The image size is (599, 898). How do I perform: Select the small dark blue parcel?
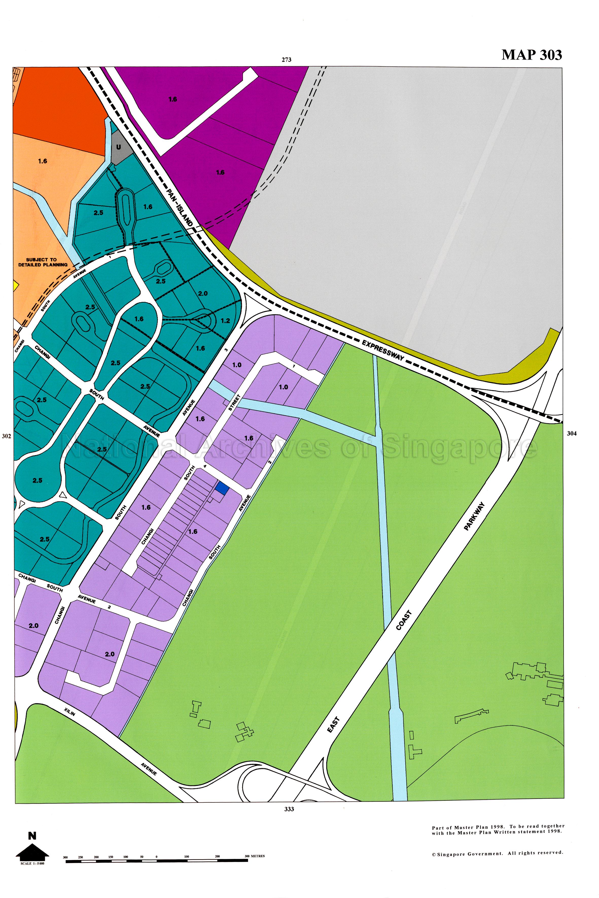[x=222, y=488]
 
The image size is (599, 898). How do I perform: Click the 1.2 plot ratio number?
[x=225, y=321]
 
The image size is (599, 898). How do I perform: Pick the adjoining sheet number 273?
[x=287, y=60]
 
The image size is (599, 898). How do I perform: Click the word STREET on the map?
[x=234, y=403]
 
